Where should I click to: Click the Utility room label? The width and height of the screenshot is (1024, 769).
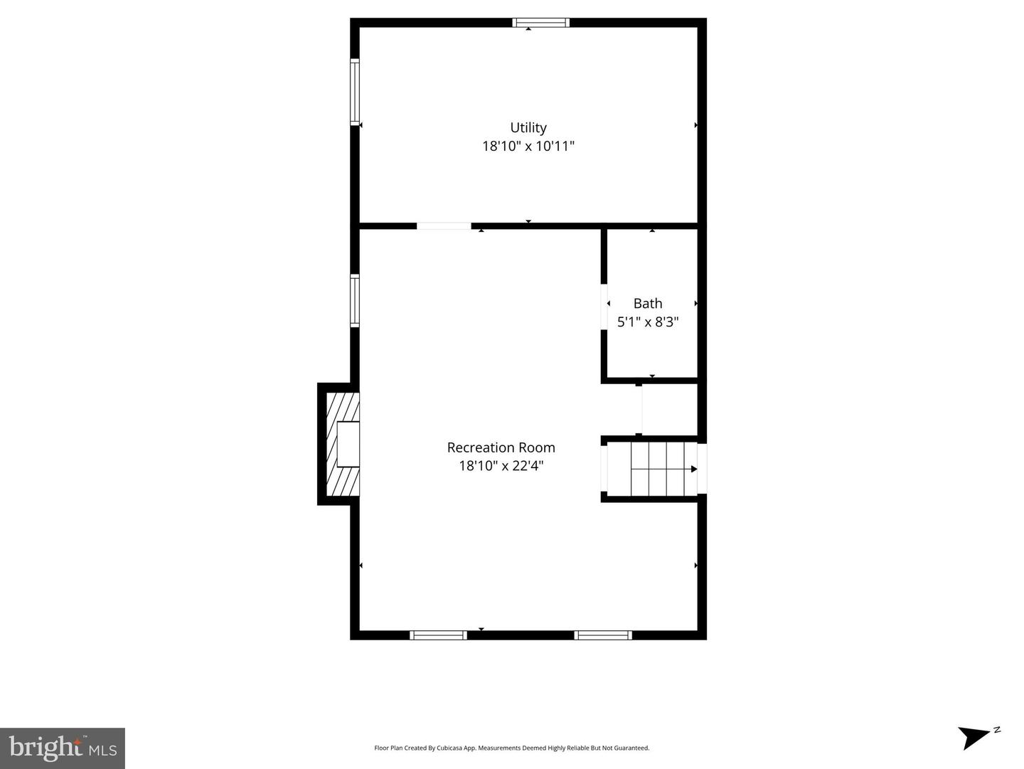click(x=528, y=128)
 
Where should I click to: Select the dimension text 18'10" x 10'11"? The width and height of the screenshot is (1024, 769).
click(x=528, y=147)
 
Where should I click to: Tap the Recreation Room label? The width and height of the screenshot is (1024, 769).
click(x=501, y=447)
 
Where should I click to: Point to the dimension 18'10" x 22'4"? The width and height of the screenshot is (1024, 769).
click(x=501, y=466)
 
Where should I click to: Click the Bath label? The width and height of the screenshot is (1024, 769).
click(x=648, y=304)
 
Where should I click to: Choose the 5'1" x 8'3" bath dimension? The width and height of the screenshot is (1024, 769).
click(x=648, y=322)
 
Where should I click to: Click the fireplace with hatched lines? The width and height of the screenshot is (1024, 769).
click(x=340, y=445)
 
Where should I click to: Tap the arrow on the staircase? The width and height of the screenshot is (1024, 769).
click(x=693, y=469)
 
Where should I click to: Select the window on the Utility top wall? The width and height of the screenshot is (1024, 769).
click(x=541, y=23)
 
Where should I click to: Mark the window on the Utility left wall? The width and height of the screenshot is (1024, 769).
click(x=354, y=92)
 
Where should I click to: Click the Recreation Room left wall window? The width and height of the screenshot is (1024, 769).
click(x=354, y=301)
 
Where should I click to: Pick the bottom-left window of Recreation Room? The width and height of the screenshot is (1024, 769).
click(x=439, y=635)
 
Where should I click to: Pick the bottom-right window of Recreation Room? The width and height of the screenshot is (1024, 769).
click(x=603, y=635)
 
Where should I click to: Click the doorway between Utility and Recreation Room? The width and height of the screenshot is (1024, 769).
click(x=444, y=226)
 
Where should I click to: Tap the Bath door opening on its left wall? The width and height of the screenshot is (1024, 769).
click(x=604, y=307)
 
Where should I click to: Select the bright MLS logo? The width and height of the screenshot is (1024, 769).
click(x=63, y=748)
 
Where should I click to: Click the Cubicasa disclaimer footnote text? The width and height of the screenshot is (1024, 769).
click(x=512, y=748)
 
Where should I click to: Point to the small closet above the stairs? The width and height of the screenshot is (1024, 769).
click(x=668, y=410)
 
